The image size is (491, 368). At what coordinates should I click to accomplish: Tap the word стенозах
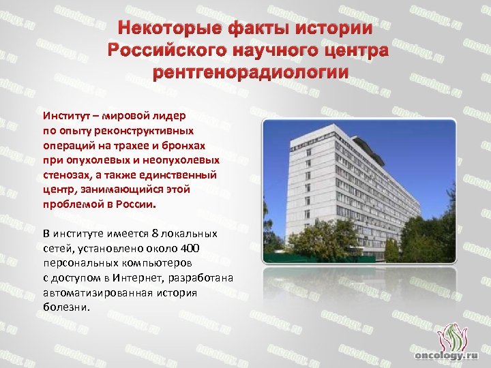pyautogui.click(x=66, y=174)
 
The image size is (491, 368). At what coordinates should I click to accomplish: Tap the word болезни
pyautogui.click(x=65, y=307)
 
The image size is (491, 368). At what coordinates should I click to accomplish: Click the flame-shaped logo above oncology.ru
pyautogui.click(x=449, y=335)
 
